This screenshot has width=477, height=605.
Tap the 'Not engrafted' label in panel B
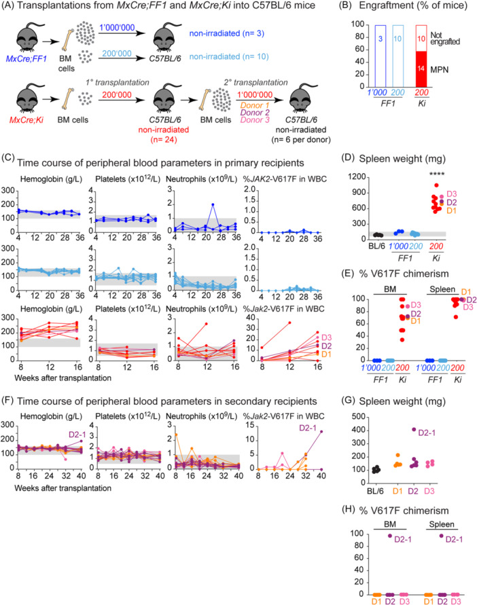coord(445,38)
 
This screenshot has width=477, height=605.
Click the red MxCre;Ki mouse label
coord(26,120)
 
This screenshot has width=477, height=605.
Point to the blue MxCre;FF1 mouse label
coord(26,59)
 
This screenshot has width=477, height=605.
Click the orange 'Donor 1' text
coord(255,105)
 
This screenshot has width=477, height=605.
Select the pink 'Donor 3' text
coord(255,120)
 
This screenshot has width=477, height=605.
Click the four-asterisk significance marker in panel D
coord(436,175)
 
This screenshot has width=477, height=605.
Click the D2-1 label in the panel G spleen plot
coord(427,433)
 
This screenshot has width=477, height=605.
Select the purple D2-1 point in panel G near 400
coord(414,429)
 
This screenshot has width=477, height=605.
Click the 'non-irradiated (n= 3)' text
coord(227,33)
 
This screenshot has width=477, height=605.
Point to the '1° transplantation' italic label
coord(118,83)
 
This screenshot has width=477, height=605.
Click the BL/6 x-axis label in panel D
coord(376,246)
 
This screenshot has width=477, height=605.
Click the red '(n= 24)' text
coord(164,139)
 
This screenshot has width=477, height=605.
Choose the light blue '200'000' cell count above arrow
coord(117,54)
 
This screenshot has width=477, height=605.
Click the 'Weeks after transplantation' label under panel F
coord(63,488)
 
